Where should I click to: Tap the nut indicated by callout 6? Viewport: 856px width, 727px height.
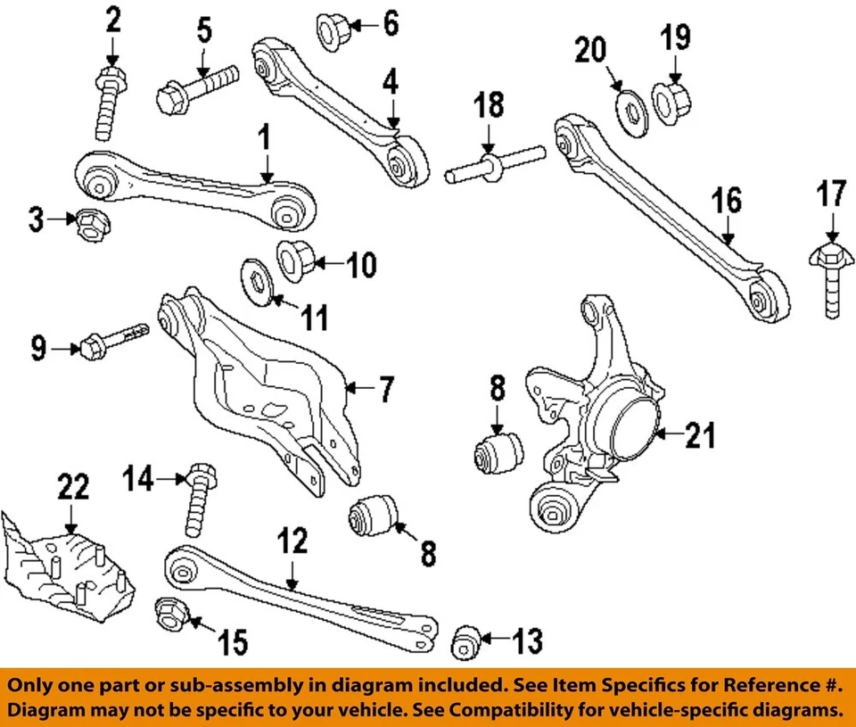pos(333,32)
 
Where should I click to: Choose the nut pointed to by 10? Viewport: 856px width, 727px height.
pos(292,258)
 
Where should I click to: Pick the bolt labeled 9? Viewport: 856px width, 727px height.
pos(116,340)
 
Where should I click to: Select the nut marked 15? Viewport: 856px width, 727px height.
pos(169,612)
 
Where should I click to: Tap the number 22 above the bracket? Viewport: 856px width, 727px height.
pos(73,487)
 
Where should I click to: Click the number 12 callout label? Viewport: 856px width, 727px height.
pos(292,541)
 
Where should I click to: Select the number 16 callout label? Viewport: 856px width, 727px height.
pos(728,200)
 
